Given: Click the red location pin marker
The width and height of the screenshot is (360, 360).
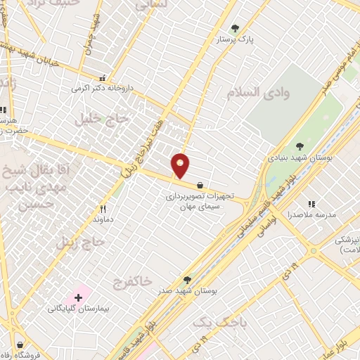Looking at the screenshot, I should pyautogui.click(x=181, y=165).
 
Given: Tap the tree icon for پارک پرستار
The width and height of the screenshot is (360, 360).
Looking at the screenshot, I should pyautogui.click(x=235, y=29).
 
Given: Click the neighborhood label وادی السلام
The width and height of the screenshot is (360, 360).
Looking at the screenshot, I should pyautogui.click(x=254, y=92).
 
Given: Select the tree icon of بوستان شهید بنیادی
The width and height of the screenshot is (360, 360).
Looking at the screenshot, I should pyautogui.click(x=300, y=146).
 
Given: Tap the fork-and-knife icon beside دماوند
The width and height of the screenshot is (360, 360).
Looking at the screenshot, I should pyautogui.click(x=103, y=209).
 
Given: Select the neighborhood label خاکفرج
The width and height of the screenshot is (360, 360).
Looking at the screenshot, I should pyautogui.click(x=132, y=282).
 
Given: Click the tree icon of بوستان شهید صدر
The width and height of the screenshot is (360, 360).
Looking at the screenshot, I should pyautogui.click(x=186, y=279).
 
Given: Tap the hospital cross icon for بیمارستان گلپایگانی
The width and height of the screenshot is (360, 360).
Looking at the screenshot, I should pyautogui.click(x=78, y=298).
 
